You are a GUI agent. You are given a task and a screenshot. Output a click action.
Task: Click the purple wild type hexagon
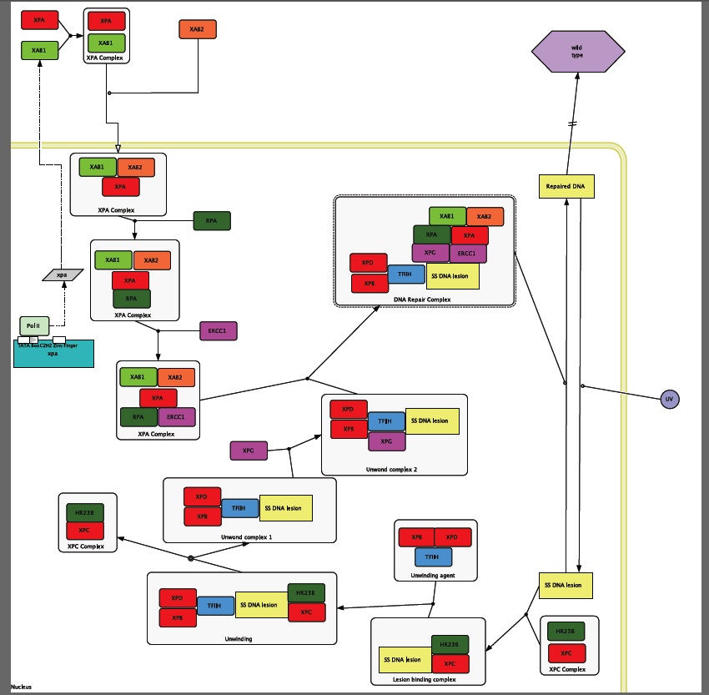[576, 52]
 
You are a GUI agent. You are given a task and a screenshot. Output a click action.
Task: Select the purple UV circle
[669, 400]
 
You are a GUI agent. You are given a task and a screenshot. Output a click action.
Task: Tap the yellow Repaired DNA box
[566, 186]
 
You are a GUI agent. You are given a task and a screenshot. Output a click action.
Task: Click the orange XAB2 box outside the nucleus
[197, 30]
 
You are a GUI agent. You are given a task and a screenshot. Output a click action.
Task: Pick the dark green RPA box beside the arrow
[212, 221]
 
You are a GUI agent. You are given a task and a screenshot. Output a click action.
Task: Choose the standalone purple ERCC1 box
[219, 331]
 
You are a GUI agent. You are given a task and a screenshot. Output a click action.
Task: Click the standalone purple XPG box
[249, 451]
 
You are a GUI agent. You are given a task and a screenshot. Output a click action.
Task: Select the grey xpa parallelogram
[63, 274]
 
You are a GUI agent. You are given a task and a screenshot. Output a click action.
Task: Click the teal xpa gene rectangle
[53, 355]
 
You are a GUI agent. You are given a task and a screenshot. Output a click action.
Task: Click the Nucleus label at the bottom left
[21, 687]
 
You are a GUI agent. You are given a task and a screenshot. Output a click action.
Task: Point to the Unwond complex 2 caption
[391, 469]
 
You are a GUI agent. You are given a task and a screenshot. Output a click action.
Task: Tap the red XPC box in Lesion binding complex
[450, 663]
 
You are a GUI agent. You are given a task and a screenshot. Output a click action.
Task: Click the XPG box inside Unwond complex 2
[386, 440]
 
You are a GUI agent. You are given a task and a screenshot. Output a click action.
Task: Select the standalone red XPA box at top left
[38, 18]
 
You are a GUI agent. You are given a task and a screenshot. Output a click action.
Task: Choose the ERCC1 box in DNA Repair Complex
[467, 253]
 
